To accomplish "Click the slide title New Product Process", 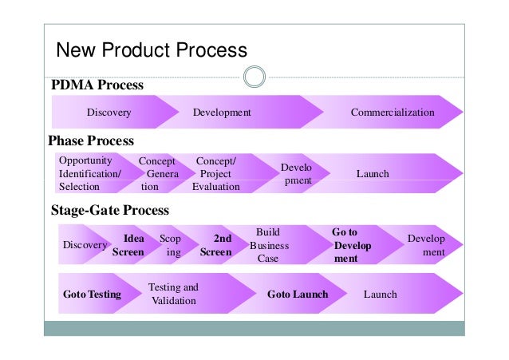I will (150, 50).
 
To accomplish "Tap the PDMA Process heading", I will (97, 85).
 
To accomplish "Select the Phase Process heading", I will (91, 141).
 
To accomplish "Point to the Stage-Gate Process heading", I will (110, 211).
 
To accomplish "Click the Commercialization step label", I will (393, 113).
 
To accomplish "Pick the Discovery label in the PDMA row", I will (109, 113).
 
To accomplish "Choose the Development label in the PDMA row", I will (222, 113).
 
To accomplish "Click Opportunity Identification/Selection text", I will (89, 173).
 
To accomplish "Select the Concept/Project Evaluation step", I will (215, 173).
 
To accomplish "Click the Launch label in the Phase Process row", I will (373, 173).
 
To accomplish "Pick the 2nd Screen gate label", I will (216, 245).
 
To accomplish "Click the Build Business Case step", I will (268, 245).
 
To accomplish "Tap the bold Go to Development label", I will (352, 245).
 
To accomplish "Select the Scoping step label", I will (170, 245).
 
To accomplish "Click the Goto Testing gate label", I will (92, 294).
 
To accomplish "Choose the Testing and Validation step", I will (173, 294).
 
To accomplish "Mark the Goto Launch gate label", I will (298, 294).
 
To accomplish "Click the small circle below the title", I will (254, 77).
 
